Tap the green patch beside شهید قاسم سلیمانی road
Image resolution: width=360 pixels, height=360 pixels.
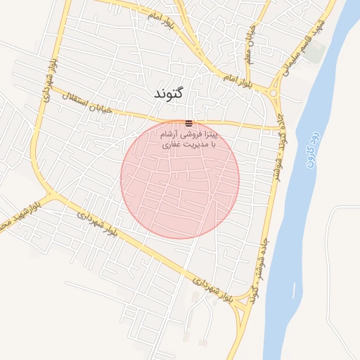(316, 51)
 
